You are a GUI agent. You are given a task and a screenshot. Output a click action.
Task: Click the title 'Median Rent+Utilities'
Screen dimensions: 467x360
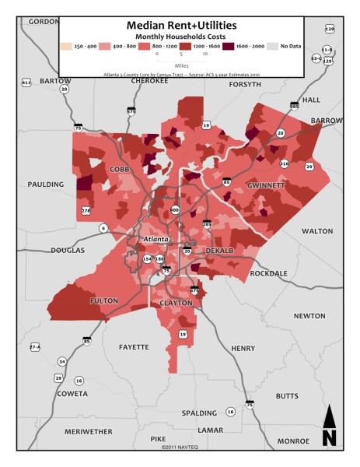tap(180, 25)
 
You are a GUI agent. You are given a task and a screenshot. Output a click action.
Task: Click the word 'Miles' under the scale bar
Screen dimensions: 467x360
tap(180, 66)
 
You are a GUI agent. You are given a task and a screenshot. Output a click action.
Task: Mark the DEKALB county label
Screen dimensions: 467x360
tap(220, 251)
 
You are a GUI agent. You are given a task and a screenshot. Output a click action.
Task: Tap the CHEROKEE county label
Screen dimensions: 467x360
tap(149, 80)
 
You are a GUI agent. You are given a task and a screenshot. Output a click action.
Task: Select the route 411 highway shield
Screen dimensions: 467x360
tap(26, 82)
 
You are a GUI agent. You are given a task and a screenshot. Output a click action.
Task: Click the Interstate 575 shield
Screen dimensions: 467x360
tap(131, 111)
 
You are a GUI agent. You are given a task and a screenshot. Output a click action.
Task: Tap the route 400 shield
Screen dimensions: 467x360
tap(174, 210)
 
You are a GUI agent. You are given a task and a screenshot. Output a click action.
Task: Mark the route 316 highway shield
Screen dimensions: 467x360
tap(285, 163)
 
